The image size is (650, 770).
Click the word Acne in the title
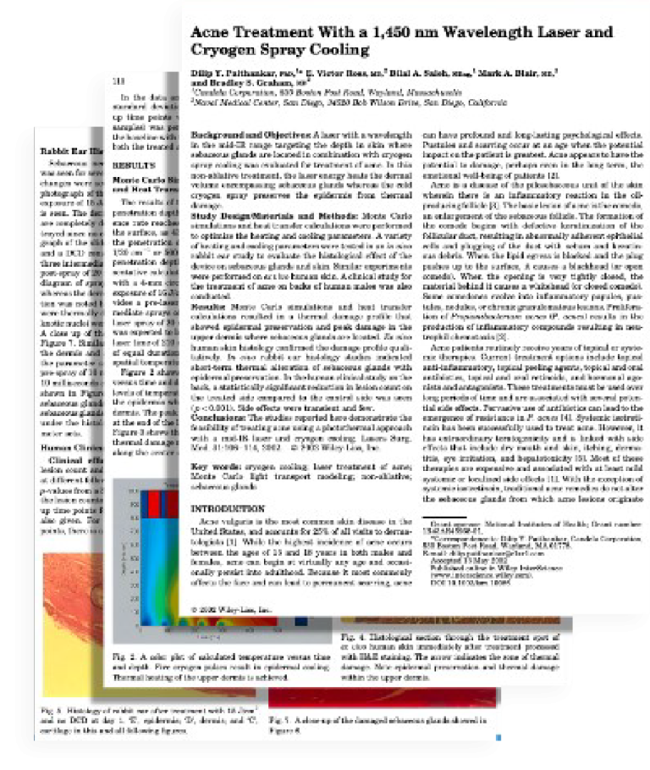pyautogui.click(x=210, y=34)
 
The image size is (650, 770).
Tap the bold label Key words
pyautogui.click(x=212, y=467)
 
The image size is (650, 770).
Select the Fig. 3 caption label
pyautogui.click(x=50, y=707)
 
